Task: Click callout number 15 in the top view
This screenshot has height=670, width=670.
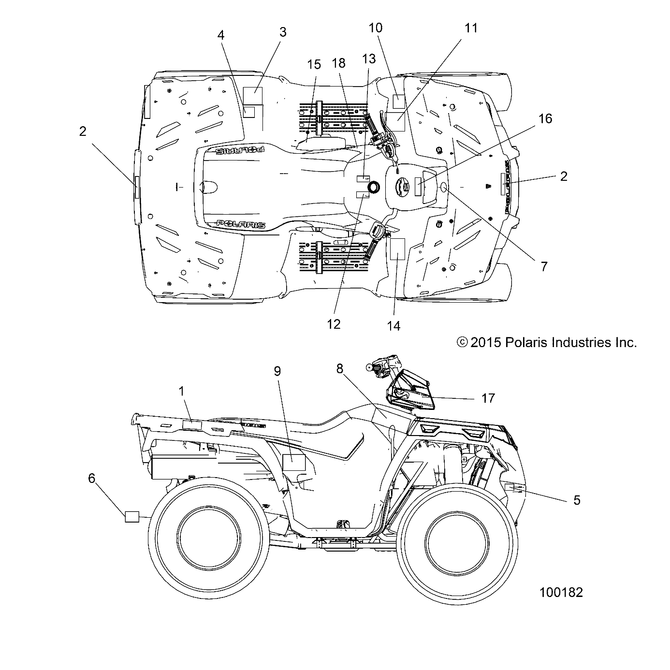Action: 314,64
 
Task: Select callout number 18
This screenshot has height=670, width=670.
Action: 339,63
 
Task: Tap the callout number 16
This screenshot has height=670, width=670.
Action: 545,118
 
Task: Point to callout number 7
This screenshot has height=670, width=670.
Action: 544,266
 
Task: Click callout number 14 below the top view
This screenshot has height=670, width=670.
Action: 393,326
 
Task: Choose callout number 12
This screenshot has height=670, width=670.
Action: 334,324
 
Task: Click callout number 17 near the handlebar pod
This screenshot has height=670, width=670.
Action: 488,398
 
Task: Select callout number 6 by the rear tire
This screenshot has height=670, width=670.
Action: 92,478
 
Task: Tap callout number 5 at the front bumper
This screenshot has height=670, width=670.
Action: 576,500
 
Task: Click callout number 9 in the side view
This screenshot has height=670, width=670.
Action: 277,371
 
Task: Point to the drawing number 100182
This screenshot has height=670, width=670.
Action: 561,592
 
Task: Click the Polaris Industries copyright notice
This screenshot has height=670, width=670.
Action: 546,343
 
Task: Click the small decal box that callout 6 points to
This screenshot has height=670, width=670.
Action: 132,516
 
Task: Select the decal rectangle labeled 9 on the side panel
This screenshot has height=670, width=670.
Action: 294,463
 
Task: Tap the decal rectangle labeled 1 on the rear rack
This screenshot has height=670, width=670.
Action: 192,425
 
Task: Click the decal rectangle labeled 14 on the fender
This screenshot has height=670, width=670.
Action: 397,249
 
